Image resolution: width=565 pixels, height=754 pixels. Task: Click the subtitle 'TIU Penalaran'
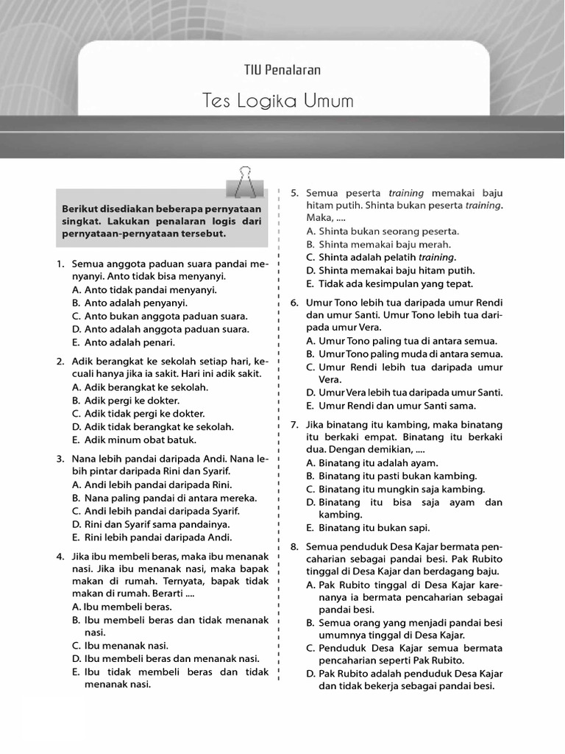pyautogui.click(x=282, y=70)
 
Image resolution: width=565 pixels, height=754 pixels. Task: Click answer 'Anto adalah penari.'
pyautogui.click(x=129, y=342)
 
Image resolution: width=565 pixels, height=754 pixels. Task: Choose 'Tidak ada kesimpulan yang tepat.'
pyautogui.click(x=396, y=283)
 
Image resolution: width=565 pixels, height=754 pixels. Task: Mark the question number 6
pyautogui.click(x=294, y=303)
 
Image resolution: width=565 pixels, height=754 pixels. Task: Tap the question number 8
pyautogui.click(x=294, y=547)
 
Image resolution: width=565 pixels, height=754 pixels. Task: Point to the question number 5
pyautogui.click(x=294, y=193)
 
